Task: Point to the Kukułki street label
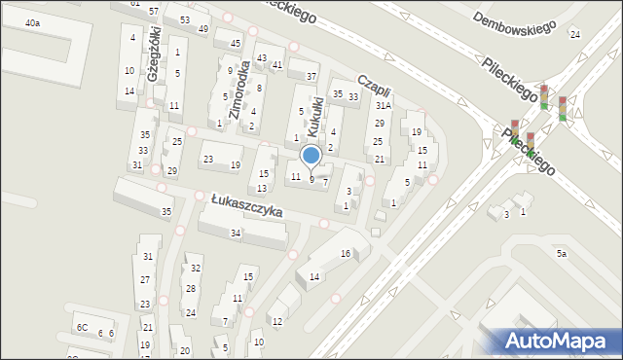(x=313, y=116)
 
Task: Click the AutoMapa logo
(x=558, y=341)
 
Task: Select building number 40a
(x=33, y=22)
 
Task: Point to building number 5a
(x=561, y=253)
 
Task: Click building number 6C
(x=82, y=328)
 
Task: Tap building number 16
(x=345, y=253)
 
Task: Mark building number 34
(x=236, y=233)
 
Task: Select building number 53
(x=184, y=20)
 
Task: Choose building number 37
(x=311, y=76)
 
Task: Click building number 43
(x=262, y=58)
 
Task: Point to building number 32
(x=196, y=269)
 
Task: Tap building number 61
(x=133, y=3)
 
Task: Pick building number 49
(x=202, y=29)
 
